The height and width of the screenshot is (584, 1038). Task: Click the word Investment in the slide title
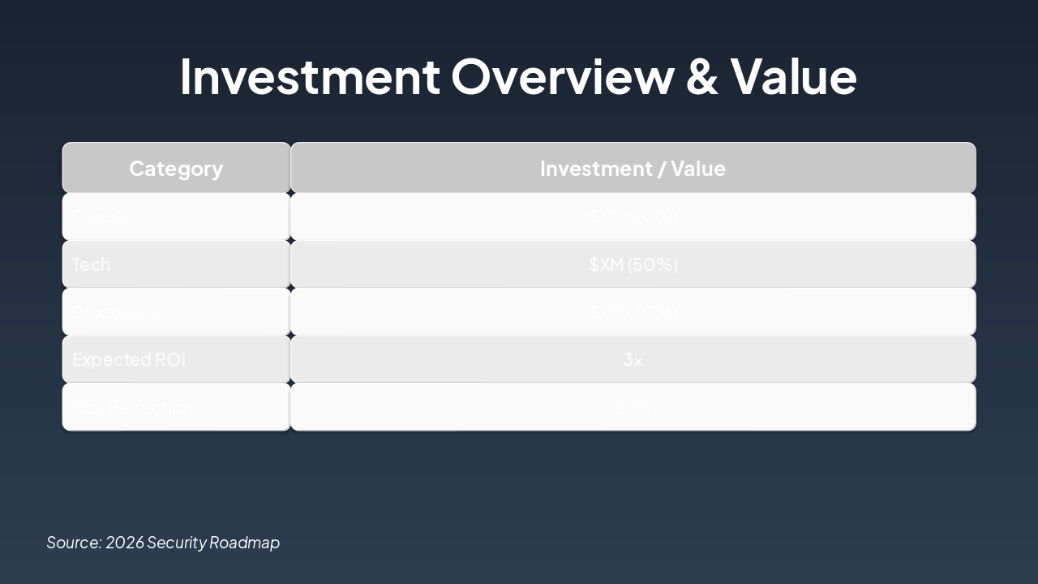pyautogui.click(x=309, y=76)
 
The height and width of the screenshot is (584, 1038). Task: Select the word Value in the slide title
pyautogui.click(x=793, y=76)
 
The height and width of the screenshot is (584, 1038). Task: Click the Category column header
pyautogui.click(x=176, y=169)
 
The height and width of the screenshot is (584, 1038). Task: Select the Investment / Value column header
pyautogui.click(x=633, y=169)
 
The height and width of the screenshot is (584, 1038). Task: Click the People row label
pyautogui.click(x=101, y=217)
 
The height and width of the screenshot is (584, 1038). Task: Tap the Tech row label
pyautogui.click(x=91, y=265)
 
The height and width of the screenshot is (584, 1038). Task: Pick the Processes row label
pyautogui.click(x=115, y=312)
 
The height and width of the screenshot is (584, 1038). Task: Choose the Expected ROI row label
pyautogui.click(x=129, y=359)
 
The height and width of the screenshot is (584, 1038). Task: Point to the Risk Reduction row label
pyautogui.click(x=132, y=407)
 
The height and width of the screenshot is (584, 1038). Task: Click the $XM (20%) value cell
pyautogui.click(x=633, y=217)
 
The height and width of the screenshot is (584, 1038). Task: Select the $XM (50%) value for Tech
pyautogui.click(x=633, y=265)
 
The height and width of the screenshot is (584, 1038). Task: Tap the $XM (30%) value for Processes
pyautogui.click(x=633, y=312)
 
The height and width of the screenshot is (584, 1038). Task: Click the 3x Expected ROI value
pyautogui.click(x=633, y=359)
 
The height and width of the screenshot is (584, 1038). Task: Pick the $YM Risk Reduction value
pyautogui.click(x=633, y=407)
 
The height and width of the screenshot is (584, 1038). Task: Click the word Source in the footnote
pyautogui.click(x=73, y=543)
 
